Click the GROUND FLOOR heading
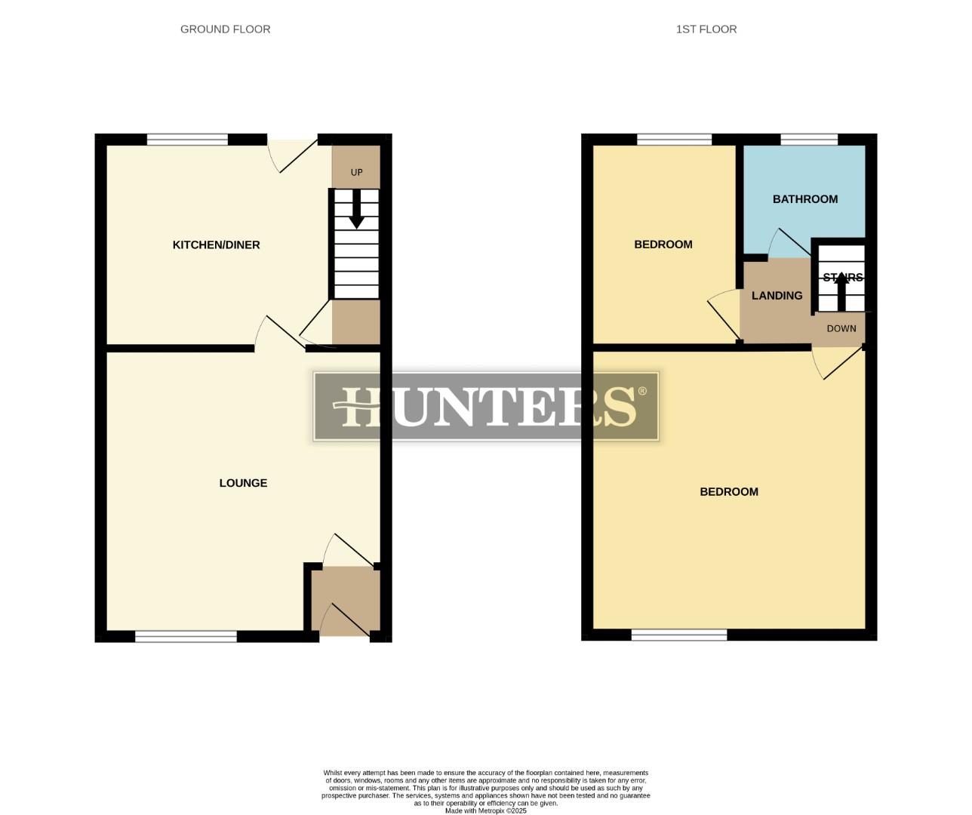tap(225, 29)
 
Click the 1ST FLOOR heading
tap(706, 29)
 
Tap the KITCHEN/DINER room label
tap(216, 244)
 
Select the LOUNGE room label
tap(243, 483)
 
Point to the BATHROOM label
tap(804, 199)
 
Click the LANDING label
tap(777, 296)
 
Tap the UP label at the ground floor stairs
tap(356, 172)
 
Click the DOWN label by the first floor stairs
tap(841, 328)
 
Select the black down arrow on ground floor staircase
tap(356, 210)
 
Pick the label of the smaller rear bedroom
tap(663, 244)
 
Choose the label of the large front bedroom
tap(728, 492)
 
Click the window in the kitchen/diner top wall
tap(187, 139)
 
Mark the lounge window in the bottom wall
tap(186, 637)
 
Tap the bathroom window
tap(809, 139)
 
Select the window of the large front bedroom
tap(679, 635)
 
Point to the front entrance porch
tap(346, 600)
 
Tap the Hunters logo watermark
tap(486, 406)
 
